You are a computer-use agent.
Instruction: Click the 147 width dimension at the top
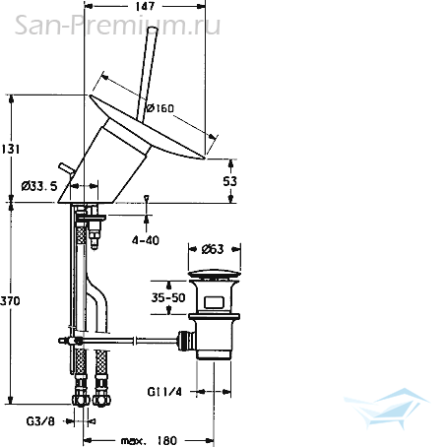(x=145, y=6)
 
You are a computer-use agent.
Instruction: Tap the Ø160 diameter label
(x=160, y=107)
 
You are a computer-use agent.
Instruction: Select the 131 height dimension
(x=10, y=149)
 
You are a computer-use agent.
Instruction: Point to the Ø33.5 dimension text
(x=39, y=186)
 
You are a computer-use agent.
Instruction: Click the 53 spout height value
(x=229, y=181)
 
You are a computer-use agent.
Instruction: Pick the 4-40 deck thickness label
(x=146, y=240)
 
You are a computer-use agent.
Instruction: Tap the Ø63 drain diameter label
(x=213, y=249)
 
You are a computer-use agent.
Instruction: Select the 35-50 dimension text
(x=168, y=297)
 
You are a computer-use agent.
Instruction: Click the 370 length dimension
(x=10, y=300)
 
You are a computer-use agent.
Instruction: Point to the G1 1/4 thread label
(x=164, y=392)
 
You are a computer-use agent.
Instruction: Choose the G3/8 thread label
(x=40, y=421)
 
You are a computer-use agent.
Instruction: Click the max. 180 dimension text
(x=149, y=440)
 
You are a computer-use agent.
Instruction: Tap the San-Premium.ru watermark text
(x=117, y=25)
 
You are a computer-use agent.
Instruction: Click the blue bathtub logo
(x=387, y=408)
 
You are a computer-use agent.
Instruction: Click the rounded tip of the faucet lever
(x=153, y=31)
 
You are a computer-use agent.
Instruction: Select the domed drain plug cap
(x=215, y=274)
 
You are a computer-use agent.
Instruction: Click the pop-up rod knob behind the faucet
(x=61, y=165)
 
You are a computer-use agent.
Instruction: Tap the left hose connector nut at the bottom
(x=81, y=400)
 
